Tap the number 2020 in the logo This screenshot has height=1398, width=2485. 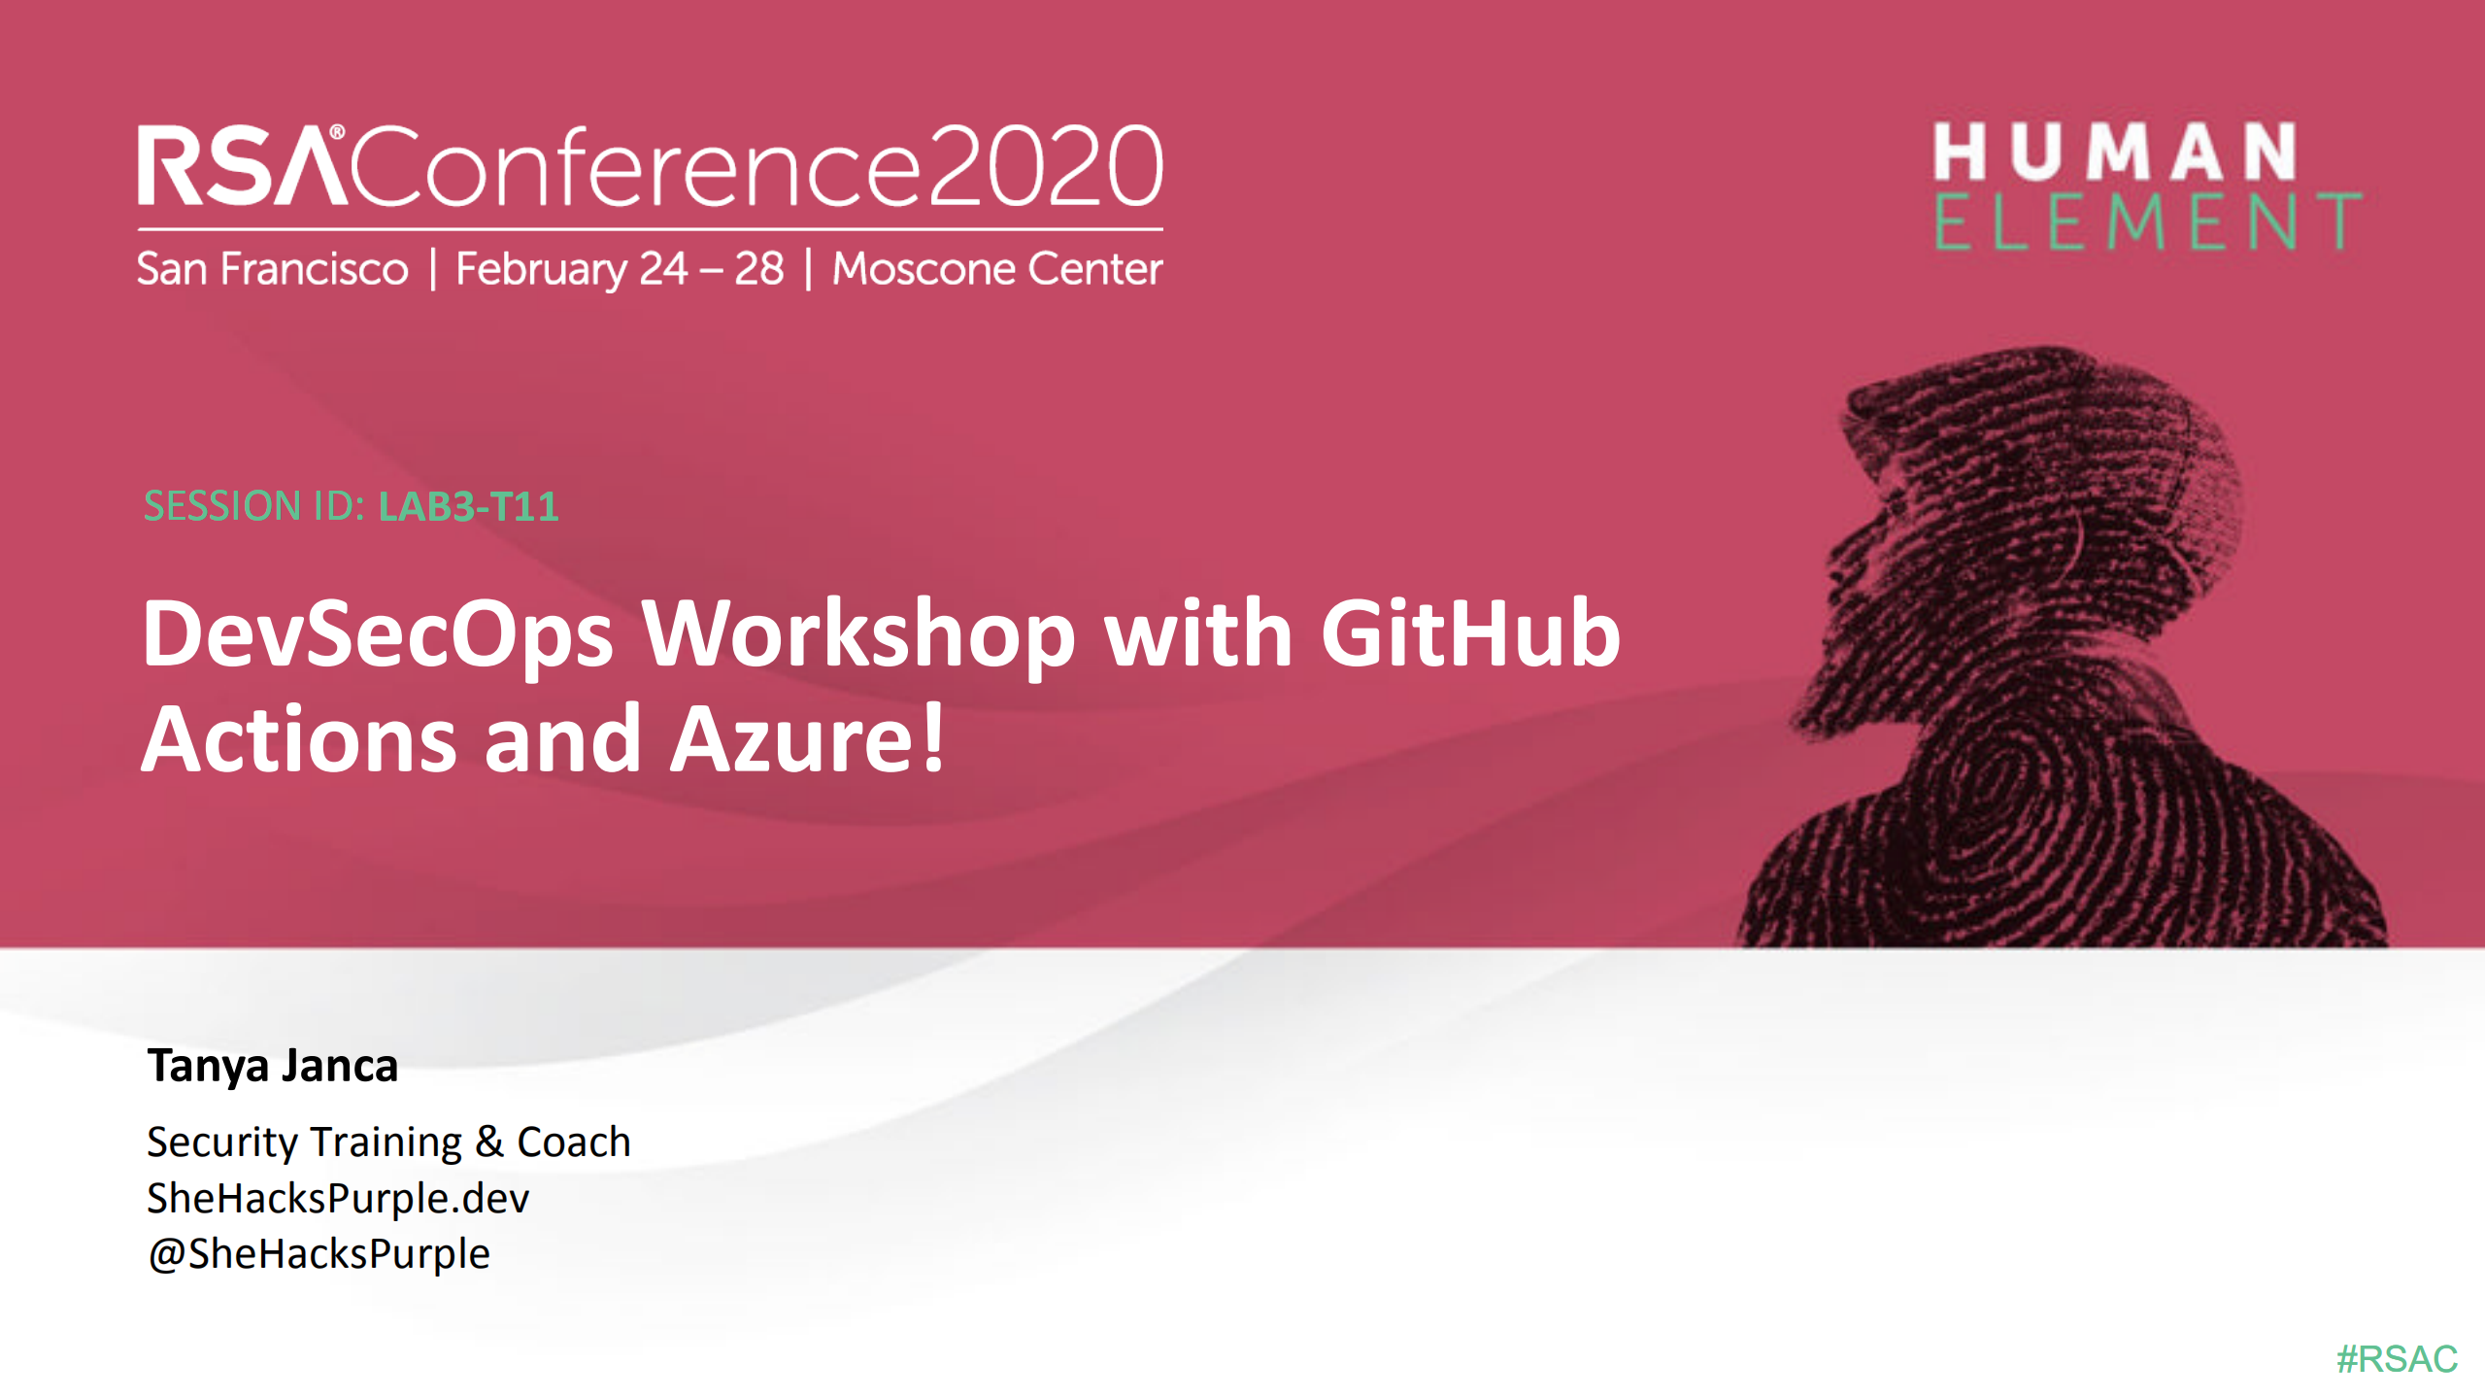click(x=1045, y=167)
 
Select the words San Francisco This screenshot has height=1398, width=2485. click(x=272, y=269)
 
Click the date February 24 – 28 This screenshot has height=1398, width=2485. click(x=620, y=269)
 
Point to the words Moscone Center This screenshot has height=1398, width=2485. click(x=997, y=269)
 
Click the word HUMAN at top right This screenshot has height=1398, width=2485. click(x=2114, y=152)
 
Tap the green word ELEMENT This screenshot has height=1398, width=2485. click(x=2146, y=222)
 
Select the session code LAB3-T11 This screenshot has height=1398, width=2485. click(x=468, y=506)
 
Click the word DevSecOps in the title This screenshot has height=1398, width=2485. click(x=378, y=633)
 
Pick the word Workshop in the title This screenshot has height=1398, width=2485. click(x=857, y=633)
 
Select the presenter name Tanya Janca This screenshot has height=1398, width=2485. click(x=273, y=1066)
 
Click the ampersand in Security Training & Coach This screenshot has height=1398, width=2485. click(x=489, y=1142)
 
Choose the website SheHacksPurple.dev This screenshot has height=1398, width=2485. click(x=338, y=1198)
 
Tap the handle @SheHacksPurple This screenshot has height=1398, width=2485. click(x=319, y=1253)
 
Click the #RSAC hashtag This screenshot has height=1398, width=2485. click(x=2397, y=1358)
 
